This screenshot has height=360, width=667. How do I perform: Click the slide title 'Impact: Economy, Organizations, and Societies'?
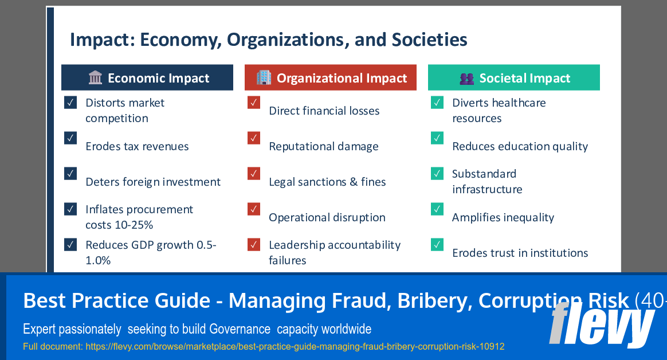click(268, 40)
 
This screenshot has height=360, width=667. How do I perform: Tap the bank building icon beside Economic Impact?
click(95, 78)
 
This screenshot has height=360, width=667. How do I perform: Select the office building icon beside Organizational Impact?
click(264, 77)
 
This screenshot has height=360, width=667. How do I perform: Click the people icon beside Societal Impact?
click(467, 79)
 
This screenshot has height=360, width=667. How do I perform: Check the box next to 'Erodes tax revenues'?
click(70, 138)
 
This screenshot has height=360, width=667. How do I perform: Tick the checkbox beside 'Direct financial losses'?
click(254, 103)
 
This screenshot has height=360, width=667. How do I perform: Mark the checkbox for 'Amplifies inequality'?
click(437, 209)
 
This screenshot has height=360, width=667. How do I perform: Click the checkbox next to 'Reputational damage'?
click(254, 138)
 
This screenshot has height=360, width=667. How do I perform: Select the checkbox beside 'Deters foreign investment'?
click(70, 173)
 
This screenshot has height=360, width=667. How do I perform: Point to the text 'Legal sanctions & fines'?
click(327, 182)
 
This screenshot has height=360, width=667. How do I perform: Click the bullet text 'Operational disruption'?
click(327, 217)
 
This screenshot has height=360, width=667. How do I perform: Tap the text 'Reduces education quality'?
click(520, 146)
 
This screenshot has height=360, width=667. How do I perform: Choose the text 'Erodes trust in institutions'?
click(520, 253)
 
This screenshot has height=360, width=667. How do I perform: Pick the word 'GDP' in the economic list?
click(147, 245)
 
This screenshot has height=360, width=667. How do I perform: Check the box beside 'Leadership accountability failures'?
click(254, 245)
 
